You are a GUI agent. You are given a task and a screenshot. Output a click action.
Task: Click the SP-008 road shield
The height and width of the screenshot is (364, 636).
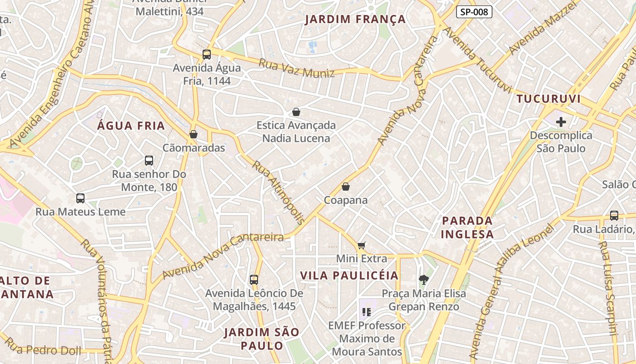point(474,12)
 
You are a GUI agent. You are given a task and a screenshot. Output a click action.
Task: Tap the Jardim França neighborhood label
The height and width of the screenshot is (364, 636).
point(355,20)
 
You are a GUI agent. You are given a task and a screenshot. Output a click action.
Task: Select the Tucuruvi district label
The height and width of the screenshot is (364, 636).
point(548,99)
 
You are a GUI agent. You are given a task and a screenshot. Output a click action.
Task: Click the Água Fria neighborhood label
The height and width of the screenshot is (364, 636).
point(131,126)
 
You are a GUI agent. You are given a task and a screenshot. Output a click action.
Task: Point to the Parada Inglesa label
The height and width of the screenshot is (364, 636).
point(467,227)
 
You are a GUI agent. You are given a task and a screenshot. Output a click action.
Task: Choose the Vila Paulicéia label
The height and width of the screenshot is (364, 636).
point(349,275)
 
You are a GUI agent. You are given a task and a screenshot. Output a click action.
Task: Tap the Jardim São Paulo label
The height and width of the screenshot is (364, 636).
point(262,339)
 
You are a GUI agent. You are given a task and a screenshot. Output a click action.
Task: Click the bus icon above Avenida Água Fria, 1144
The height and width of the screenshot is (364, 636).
point(207,55)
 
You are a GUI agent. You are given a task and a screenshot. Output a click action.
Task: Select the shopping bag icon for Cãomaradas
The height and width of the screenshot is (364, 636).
point(194,134)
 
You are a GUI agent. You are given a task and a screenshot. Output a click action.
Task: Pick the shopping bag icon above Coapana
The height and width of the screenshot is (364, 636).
point(346,187)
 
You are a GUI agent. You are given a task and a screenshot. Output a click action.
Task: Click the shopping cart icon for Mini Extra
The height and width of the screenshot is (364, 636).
point(362,245)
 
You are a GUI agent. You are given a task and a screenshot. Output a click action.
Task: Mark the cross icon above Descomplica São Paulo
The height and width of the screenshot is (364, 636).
point(561,122)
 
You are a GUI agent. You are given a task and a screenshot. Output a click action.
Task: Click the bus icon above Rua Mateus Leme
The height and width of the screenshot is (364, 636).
point(80,198)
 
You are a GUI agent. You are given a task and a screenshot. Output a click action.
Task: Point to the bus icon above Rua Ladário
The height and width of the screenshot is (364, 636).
point(614,216)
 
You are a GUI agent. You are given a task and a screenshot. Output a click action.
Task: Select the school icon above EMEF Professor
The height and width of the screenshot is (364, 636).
point(367,312)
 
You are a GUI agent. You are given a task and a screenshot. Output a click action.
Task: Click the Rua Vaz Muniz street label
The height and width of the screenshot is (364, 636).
point(296,68)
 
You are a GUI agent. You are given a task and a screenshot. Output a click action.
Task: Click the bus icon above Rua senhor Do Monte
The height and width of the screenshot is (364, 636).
point(149,160)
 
